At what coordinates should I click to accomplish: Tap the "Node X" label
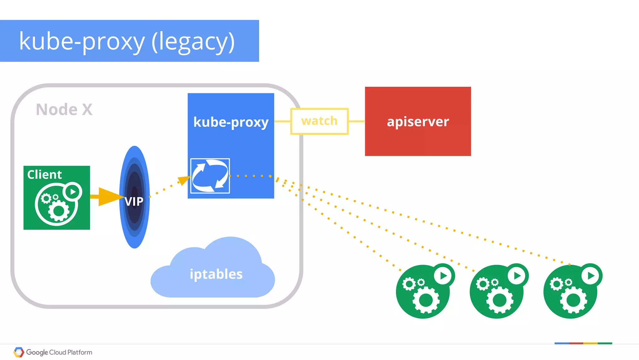64,110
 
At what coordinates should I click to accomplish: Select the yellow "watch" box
319,121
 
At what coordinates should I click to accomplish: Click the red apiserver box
418,121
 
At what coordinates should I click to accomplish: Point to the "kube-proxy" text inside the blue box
231,122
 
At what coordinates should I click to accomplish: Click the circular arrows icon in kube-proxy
210,176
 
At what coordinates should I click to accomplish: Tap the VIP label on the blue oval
134,201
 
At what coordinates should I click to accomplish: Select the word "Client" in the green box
44,175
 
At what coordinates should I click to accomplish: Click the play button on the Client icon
72,192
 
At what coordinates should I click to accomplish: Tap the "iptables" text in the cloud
216,274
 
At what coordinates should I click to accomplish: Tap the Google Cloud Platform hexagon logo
19,352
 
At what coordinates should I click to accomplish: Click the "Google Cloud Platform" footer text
59,353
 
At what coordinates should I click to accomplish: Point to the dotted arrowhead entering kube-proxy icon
184,180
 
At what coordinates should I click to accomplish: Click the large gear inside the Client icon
59,211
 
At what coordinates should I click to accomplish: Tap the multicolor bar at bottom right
583,343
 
